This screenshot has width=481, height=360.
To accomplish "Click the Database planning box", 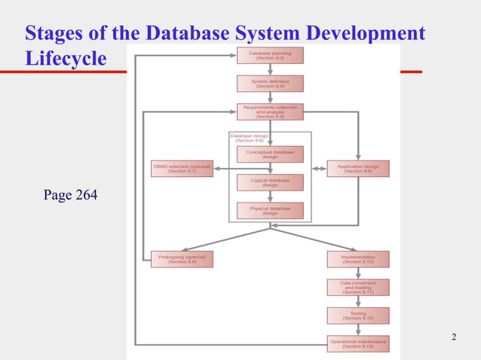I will coord(270,56).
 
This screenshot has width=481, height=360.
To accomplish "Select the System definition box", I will coord(270,84).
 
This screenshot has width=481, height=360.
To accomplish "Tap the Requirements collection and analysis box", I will coord(270,112).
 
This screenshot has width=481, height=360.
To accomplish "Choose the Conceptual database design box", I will coord(270,154).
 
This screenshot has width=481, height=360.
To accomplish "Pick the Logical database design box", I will coord(270,183).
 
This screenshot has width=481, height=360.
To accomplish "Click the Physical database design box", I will coord(270,211).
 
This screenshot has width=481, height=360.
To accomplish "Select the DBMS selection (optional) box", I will coord(182,169).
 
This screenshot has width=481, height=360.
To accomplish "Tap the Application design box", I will coord(358,169).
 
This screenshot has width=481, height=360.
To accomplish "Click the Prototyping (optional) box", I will coord(182,259).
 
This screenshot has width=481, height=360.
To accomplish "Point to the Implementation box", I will coord(358,259).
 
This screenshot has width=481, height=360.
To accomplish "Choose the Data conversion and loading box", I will coord(358,288).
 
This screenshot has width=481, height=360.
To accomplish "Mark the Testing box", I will coord(358,316).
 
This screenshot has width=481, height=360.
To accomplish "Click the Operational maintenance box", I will coord(358,344).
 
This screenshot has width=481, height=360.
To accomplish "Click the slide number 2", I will coord(453,336).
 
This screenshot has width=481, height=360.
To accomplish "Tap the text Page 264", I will coord(71,197).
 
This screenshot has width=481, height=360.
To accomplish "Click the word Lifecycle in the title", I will coord(66,58).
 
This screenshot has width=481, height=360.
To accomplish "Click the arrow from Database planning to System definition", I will coord(270,69).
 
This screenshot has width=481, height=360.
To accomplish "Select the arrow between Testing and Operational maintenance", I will coord(358,330).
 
